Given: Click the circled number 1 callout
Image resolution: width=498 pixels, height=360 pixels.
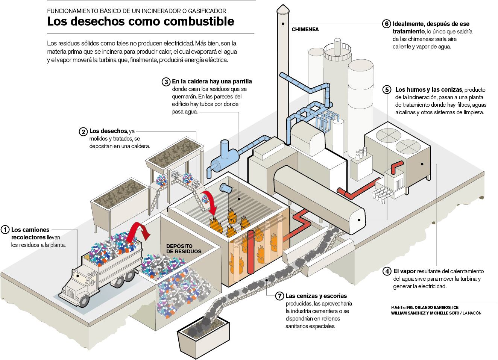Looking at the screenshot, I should (5, 230).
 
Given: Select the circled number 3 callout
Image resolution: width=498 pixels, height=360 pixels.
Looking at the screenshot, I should (166, 82).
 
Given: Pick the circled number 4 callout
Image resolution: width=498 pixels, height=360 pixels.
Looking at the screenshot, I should (387, 271).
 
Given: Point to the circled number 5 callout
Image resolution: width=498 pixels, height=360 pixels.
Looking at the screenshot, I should (387, 90).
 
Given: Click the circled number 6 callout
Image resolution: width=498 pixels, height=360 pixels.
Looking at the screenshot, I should (386, 23).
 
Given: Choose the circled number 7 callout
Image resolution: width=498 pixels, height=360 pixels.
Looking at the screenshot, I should (279, 296).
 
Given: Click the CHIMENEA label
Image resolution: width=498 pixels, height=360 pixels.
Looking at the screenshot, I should (305, 29).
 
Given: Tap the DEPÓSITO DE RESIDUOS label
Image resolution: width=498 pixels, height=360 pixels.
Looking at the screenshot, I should (184, 248).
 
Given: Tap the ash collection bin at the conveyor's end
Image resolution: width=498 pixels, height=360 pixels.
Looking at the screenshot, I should (203, 335).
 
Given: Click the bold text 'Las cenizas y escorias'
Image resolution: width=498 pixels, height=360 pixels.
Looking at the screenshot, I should (316, 296).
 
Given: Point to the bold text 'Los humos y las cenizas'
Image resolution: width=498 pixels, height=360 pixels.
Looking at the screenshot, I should (429, 90).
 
